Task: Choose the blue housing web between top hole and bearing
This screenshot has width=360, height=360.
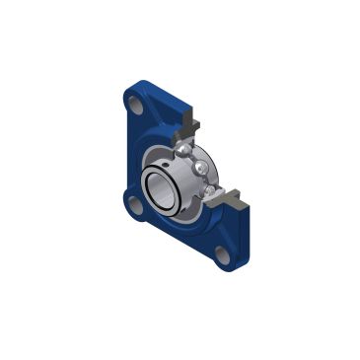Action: [x=155, y=123]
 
